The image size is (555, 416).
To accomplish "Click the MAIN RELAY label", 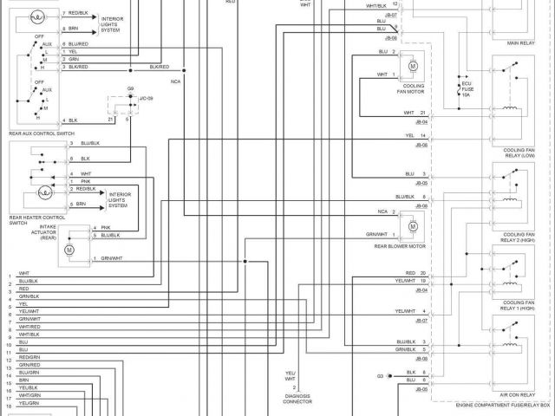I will (x=520, y=42).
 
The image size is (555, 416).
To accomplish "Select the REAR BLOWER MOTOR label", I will (x=400, y=246).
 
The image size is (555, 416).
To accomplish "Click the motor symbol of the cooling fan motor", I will (x=413, y=66).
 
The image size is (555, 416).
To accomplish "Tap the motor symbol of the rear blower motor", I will (x=413, y=226).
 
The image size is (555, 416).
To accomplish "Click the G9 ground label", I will (x=130, y=88).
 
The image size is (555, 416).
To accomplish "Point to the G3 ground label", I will (x=380, y=375).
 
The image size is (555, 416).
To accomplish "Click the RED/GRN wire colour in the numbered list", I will (x=29, y=357).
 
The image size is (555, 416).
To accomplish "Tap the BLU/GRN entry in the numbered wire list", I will (x=29, y=373).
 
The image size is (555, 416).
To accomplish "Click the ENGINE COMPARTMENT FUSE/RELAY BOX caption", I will (x=502, y=406).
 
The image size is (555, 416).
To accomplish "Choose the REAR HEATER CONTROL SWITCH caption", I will (x=37, y=220).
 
